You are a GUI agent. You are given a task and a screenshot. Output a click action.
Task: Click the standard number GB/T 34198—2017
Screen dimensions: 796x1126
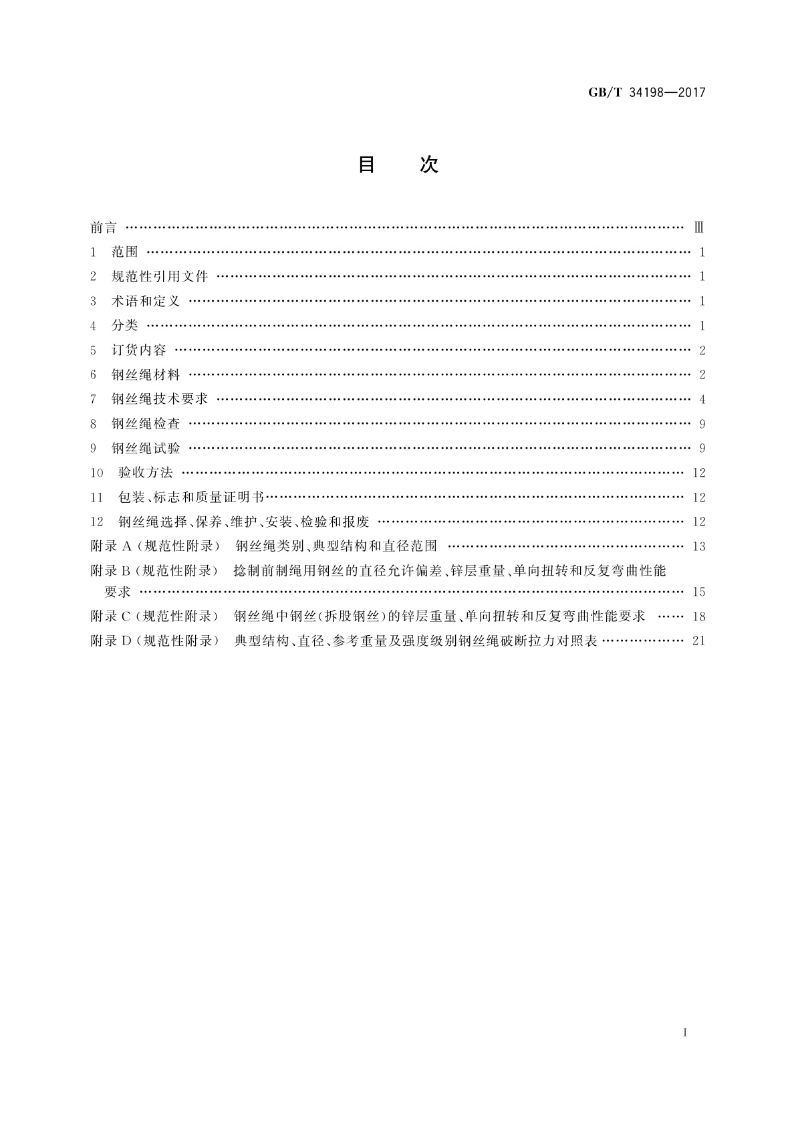[x=646, y=93]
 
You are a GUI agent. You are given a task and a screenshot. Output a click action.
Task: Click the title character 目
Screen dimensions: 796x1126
[x=366, y=164]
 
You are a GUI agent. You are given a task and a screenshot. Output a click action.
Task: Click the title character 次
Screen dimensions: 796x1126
[x=428, y=164]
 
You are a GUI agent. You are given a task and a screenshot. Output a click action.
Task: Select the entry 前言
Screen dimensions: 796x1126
[x=104, y=228]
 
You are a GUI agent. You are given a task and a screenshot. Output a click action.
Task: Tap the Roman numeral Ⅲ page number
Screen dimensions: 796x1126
[x=699, y=228]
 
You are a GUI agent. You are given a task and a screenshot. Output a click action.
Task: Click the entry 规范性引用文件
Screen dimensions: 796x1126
[x=160, y=277]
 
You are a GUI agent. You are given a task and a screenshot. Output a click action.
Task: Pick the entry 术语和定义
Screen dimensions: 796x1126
[x=146, y=302]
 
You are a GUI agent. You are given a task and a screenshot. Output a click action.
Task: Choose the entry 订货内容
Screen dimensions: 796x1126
[x=138, y=350]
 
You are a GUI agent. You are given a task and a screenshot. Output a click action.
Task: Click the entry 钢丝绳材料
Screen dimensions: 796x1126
[x=146, y=375]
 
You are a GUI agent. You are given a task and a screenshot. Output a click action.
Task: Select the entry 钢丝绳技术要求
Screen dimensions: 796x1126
[x=160, y=399]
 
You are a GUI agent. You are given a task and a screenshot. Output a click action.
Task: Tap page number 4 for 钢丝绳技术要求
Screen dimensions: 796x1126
[x=702, y=400]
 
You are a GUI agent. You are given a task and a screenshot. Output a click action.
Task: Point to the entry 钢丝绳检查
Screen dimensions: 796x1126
[x=146, y=424]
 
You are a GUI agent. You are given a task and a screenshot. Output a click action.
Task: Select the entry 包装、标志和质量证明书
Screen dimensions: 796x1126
[x=191, y=497]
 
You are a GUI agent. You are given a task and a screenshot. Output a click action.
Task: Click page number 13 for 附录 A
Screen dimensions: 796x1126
[x=698, y=547]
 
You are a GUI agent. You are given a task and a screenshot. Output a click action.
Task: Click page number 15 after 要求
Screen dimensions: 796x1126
[x=698, y=592]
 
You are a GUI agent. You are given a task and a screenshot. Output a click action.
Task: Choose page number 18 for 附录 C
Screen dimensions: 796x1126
[x=698, y=616]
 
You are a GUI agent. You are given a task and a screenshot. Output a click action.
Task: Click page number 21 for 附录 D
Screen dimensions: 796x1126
[x=698, y=641]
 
